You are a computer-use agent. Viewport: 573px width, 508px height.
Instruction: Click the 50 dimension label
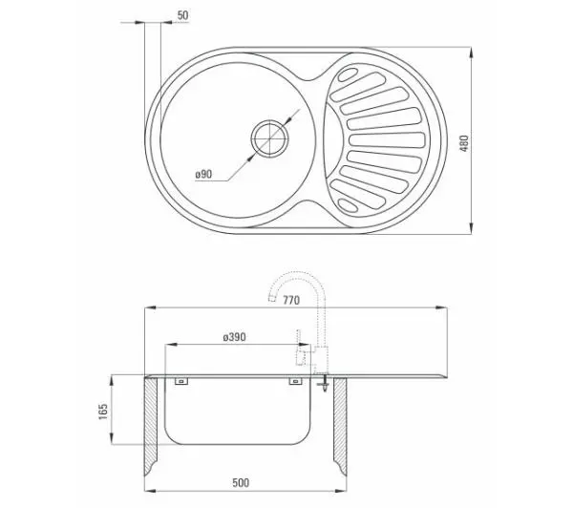182,15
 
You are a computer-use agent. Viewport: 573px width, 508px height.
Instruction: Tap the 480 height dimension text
464,143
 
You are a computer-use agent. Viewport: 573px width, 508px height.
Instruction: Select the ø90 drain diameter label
203,175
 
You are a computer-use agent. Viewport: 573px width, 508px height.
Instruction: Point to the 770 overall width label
291,300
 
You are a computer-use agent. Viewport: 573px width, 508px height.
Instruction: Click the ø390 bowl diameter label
234,336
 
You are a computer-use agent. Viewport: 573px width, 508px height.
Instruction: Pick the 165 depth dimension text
103,412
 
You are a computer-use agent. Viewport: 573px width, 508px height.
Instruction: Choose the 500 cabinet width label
241,483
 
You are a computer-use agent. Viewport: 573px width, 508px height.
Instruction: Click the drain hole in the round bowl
269,138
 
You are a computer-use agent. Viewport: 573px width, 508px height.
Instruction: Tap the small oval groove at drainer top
348,74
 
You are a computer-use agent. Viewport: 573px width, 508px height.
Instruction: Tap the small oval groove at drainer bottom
348,205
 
